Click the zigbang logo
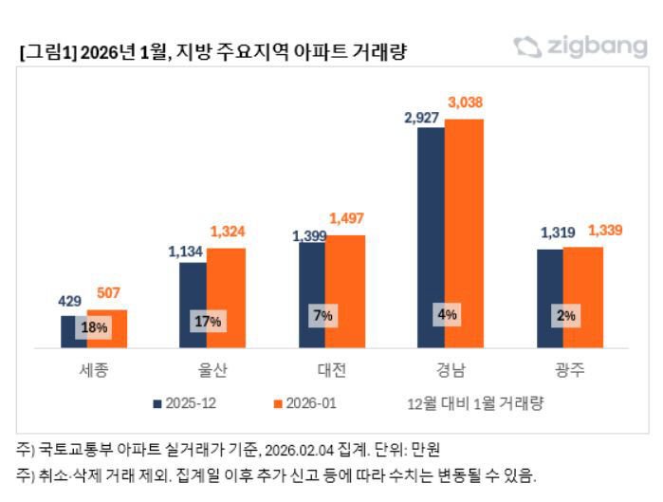point(580,46)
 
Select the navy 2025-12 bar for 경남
point(431,237)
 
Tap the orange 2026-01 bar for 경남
point(464,233)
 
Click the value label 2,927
point(422,116)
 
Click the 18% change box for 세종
point(92,328)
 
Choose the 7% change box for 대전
point(324,316)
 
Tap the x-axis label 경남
point(446,370)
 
